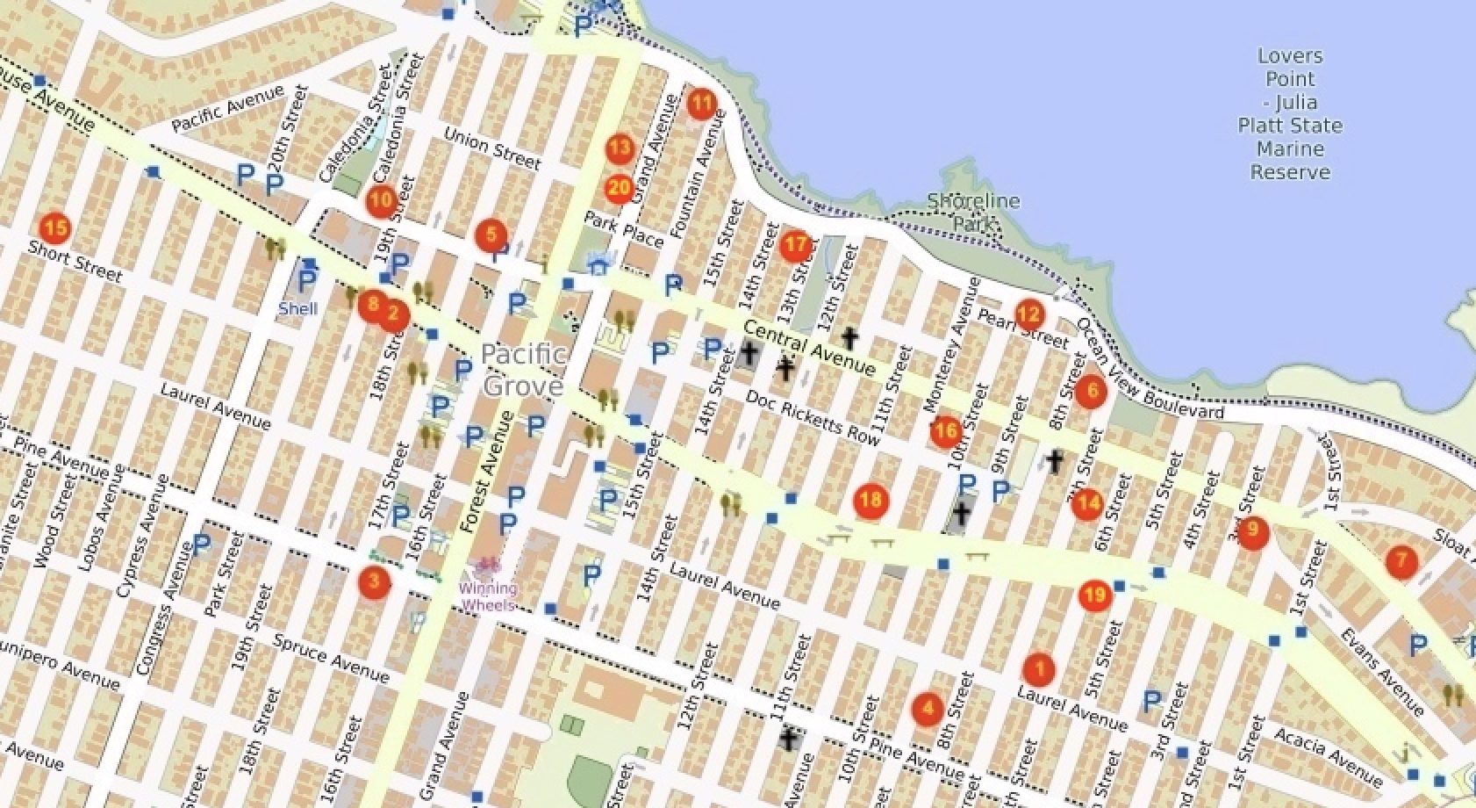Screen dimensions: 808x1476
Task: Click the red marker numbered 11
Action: coord(701,105)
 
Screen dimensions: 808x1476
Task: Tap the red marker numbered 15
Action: coord(54,228)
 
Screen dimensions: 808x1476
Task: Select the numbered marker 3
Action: coord(375,581)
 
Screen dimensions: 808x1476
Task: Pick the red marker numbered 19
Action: coord(1093,595)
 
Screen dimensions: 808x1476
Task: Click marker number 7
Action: coord(1401,560)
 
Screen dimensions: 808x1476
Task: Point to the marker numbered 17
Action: coord(795,244)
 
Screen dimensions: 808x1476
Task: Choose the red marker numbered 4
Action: coord(927,708)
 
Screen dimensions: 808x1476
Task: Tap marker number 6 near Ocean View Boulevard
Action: coord(1091,391)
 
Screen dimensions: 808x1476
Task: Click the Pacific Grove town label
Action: coord(523,370)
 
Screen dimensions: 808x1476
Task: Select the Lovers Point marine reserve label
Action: coord(1289,114)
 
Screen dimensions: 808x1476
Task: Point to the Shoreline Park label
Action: coord(973,212)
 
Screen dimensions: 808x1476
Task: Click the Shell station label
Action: coord(297,308)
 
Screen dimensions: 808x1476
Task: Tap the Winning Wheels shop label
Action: coord(488,596)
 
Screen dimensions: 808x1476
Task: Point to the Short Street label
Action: coord(75,261)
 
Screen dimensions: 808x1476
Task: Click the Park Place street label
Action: coord(623,229)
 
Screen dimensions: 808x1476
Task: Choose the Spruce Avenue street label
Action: coord(331,658)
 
